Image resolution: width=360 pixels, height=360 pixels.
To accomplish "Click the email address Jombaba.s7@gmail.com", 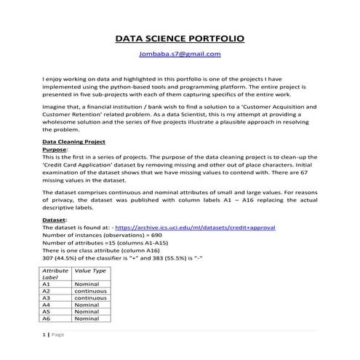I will coord(180,54).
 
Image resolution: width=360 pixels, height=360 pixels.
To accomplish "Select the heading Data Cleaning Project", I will coord(75,142).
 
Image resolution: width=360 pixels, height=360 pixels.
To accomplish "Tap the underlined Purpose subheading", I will coord(55,149).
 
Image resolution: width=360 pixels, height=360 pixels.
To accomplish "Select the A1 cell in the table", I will coord(48,284).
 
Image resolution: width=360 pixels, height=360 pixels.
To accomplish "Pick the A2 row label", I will coord(48,291).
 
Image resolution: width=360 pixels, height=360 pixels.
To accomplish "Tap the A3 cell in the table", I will coord(48,298).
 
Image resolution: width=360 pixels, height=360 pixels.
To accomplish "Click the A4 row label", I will coord(48,305).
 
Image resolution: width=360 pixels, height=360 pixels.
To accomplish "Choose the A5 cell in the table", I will coord(48,311).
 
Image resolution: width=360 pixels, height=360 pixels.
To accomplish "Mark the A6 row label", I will coord(48,319).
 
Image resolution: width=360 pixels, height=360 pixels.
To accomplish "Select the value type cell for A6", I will coord(87,319).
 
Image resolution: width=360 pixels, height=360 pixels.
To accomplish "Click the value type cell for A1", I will coord(87,284).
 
